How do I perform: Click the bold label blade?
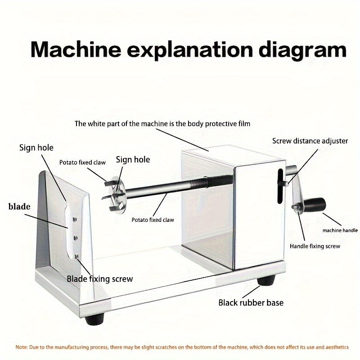19,207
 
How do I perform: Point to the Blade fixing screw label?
100,279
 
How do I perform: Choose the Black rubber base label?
251,302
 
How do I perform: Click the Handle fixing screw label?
315,246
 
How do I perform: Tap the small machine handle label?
340,230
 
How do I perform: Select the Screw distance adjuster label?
310,141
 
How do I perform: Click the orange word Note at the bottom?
22,347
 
